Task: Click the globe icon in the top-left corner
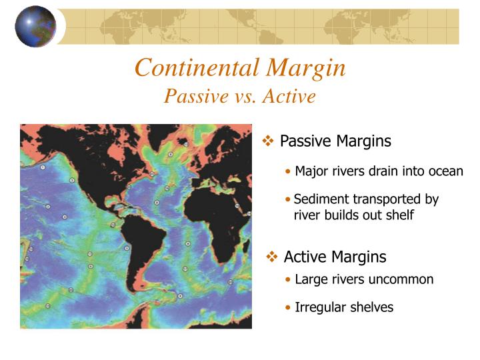(35, 26)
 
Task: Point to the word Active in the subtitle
(289, 96)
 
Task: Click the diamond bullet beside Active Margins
(273, 257)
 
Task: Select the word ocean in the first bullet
(445, 171)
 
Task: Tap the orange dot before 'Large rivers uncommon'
(287, 280)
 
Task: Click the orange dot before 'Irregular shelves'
(287, 308)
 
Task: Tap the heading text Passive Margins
(335, 141)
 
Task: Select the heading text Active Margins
(335, 257)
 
